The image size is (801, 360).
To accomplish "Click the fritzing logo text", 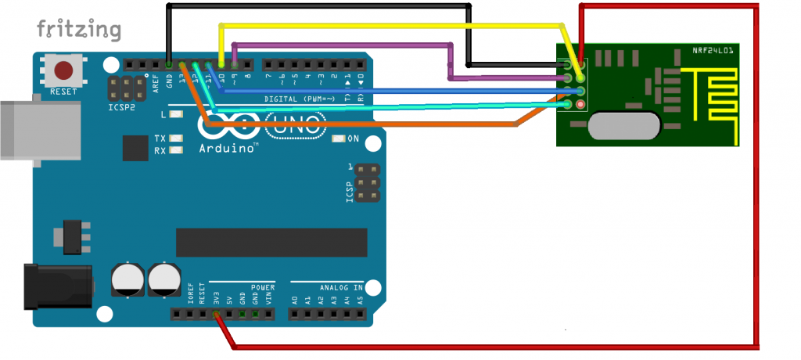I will tap(78, 31).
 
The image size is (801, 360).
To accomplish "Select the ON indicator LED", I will tap(339, 139).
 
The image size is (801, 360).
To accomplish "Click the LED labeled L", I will tap(176, 114).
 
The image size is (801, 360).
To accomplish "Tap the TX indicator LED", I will tap(176, 138).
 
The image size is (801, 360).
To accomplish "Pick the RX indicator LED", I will tap(176, 149).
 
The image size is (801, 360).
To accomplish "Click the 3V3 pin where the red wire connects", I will tap(216, 315).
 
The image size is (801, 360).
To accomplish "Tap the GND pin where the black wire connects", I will tap(169, 64).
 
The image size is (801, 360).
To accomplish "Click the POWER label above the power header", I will tap(263, 286).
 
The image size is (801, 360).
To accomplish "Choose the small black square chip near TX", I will tap(135, 148).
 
